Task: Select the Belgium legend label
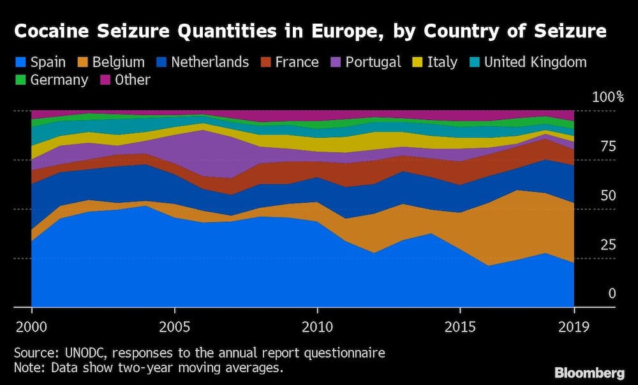coord(118,62)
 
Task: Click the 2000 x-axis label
coord(31,327)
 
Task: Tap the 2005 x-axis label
coord(174,327)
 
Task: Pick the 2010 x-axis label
coord(316,327)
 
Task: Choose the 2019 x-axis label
coord(574,327)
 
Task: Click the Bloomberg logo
coord(590,372)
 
